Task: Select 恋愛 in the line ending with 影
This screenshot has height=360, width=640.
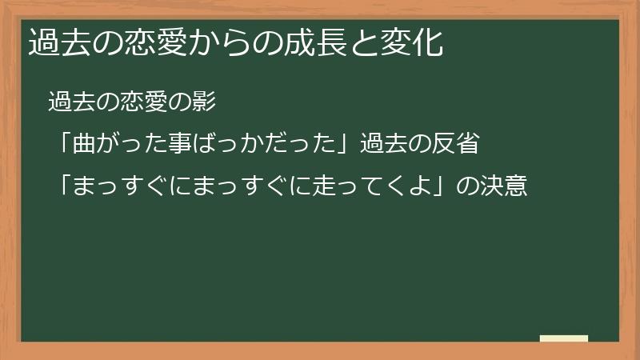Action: pos(144,102)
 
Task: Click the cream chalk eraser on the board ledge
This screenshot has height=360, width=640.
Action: pos(564,338)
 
